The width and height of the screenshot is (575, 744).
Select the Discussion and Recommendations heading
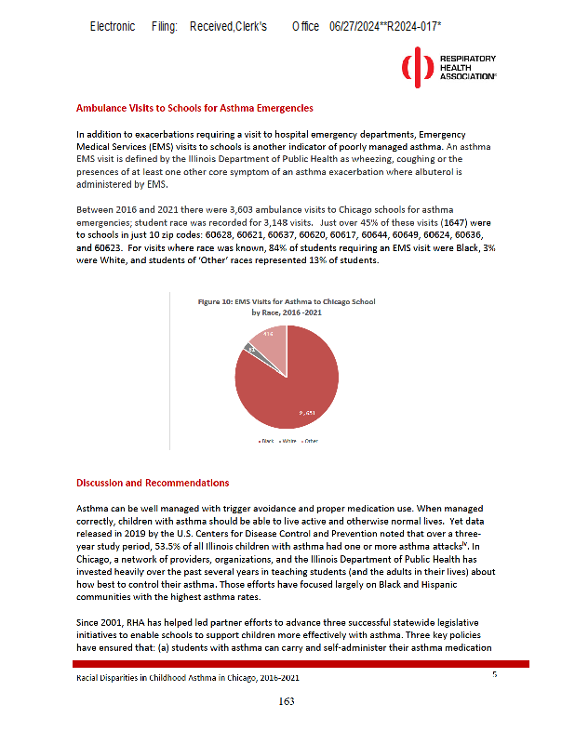click(152, 483)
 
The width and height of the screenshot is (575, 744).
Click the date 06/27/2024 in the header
click(354, 27)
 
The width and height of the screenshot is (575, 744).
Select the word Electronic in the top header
click(112, 27)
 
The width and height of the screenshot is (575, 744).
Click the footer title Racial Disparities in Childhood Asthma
click(187, 679)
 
